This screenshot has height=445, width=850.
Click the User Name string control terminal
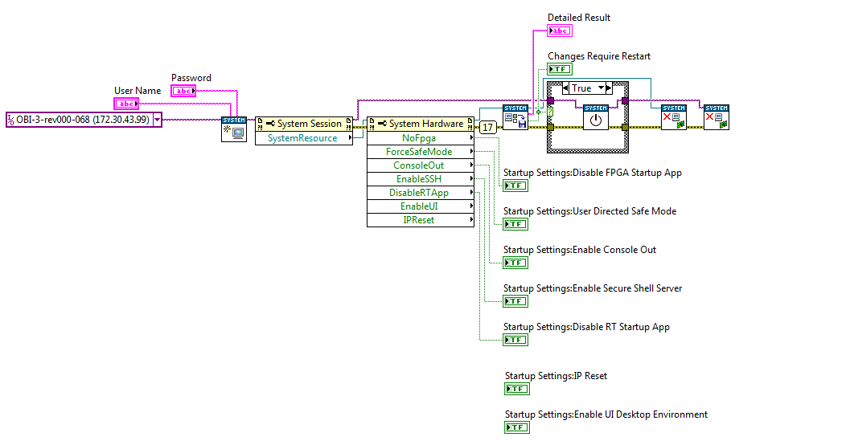click(x=126, y=104)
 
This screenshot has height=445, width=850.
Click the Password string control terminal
click(x=183, y=91)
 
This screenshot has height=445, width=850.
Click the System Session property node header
click(x=304, y=124)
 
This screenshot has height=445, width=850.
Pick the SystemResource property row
click(x=304, y=138)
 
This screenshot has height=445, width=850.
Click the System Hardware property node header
click(x=421, y=124)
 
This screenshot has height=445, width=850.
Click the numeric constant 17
click(x=488, y=127)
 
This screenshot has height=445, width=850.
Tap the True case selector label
click(x=581, y=88)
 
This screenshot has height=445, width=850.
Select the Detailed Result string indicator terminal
click(x=560, y=31)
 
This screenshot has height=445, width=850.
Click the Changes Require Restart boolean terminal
click(x=560, y=69)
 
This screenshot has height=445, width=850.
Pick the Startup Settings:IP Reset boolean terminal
click(x=517, y=389)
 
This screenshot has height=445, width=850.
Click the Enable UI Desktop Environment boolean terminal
click(x=517, y=427)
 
